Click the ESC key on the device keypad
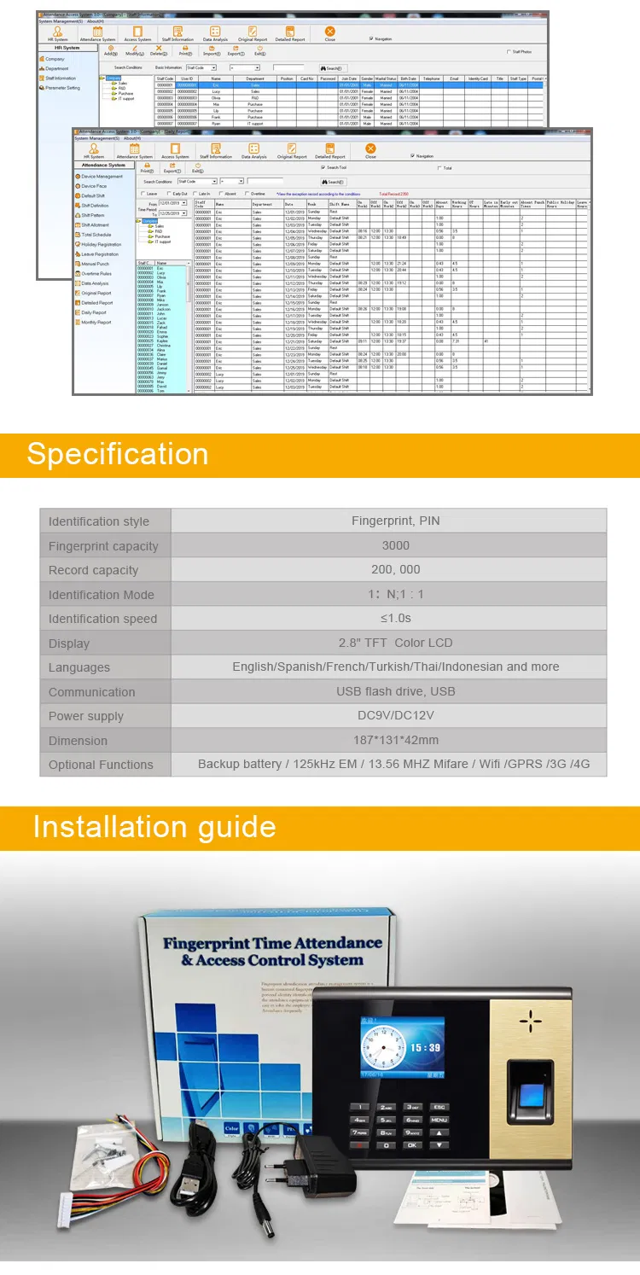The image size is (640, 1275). coord(438,1106)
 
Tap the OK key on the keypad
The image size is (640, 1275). coord(412,1144)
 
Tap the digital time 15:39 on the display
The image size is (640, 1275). coord(423,1046)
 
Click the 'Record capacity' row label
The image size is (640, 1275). coord(93,570)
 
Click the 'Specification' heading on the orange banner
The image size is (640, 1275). coord(117,454)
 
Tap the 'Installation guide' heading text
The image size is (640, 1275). coord(154,827)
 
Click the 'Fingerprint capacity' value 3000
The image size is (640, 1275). coord(395,545)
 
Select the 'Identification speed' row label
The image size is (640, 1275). coord(102,619)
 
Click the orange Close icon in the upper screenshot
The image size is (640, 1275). coord(329,32)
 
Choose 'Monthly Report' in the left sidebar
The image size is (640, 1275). coord(96,323)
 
